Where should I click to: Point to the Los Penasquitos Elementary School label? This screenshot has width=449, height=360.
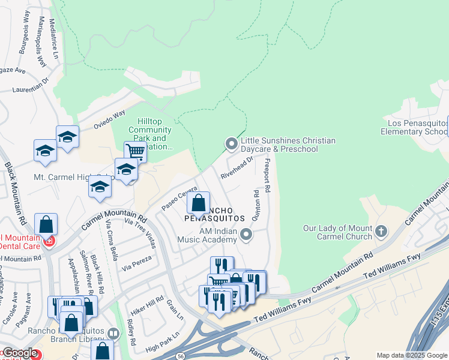pos(414,127)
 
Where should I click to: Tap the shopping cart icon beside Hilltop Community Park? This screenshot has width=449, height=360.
pos(135,152)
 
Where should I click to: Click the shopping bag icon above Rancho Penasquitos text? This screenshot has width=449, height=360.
pos(198,203)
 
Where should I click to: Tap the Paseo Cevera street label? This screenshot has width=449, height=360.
pos(179,201)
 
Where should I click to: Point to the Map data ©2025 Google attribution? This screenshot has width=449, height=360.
pos(412,355)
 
